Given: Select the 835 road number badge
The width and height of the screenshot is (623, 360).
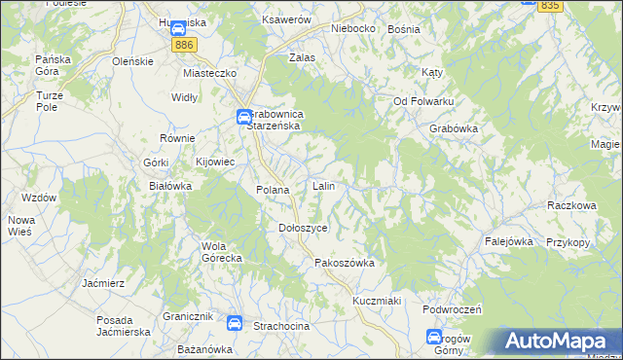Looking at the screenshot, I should pyautogui.click(x=550, y=6).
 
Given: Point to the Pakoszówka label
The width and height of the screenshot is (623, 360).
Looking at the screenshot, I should pyautogui.click(x=345, y=263).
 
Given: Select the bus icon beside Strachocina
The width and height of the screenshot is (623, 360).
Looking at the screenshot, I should pyautogui.click(x=234, y=324).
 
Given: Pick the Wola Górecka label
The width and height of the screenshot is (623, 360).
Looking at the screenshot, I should pyautogui.click(x=221, y=252).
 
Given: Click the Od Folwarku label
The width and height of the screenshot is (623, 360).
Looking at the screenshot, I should pyautogui.click(x=423, y=101).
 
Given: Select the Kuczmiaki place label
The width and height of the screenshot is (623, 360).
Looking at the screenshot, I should pyautogui.click(x=378, y=301).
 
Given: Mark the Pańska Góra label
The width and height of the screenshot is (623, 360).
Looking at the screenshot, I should pyautogui.click(x=55, y=65).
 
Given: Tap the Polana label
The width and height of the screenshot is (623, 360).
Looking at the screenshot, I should pyautogui.click(x=273, y=190).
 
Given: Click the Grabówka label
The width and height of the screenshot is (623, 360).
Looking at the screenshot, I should pyautogui.click(x=453, y=127).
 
